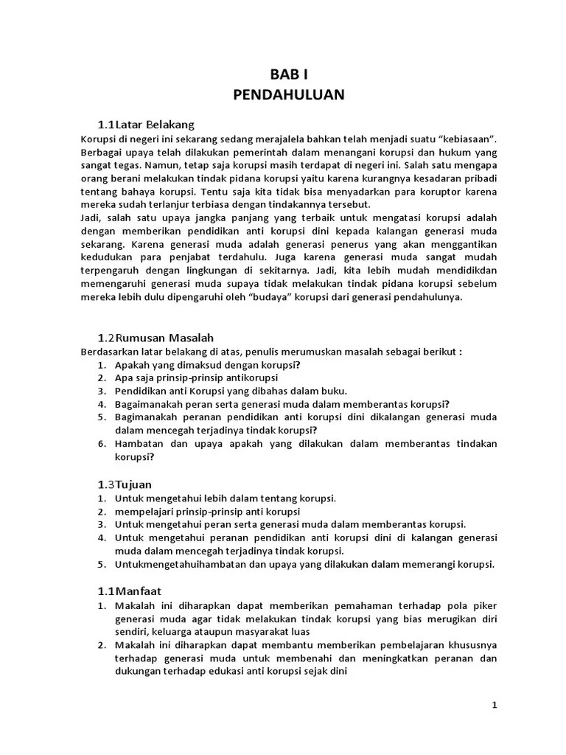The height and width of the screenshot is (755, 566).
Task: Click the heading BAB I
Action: tap(288, 74)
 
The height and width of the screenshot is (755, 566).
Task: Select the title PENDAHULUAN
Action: tap(288, 95)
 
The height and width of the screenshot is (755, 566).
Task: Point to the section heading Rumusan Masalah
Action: tap(163, 338)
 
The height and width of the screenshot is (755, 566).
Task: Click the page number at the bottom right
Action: tap(495, 706)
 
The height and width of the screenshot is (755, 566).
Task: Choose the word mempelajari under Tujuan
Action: tap(146, 511)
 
